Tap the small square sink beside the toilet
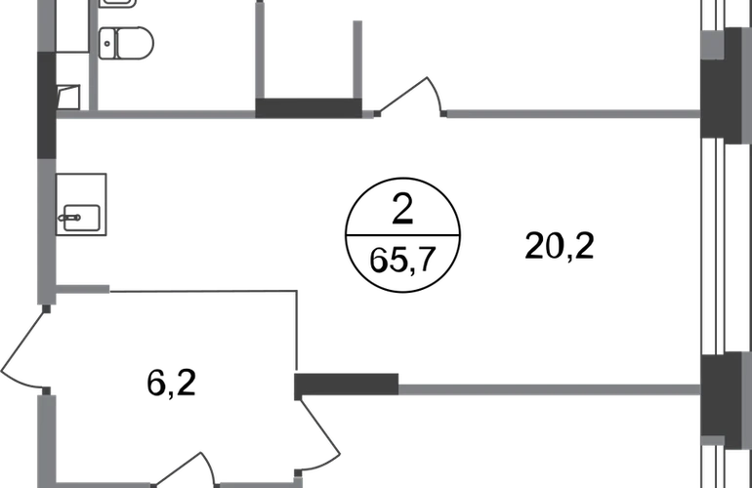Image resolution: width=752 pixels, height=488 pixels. [68, 96]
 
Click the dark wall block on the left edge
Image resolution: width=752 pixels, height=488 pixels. [45, 104]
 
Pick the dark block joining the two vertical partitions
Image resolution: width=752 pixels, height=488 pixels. [310, 106]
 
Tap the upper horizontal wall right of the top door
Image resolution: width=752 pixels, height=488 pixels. [571, 115]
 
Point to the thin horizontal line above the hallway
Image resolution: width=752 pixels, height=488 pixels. [205, 290]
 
